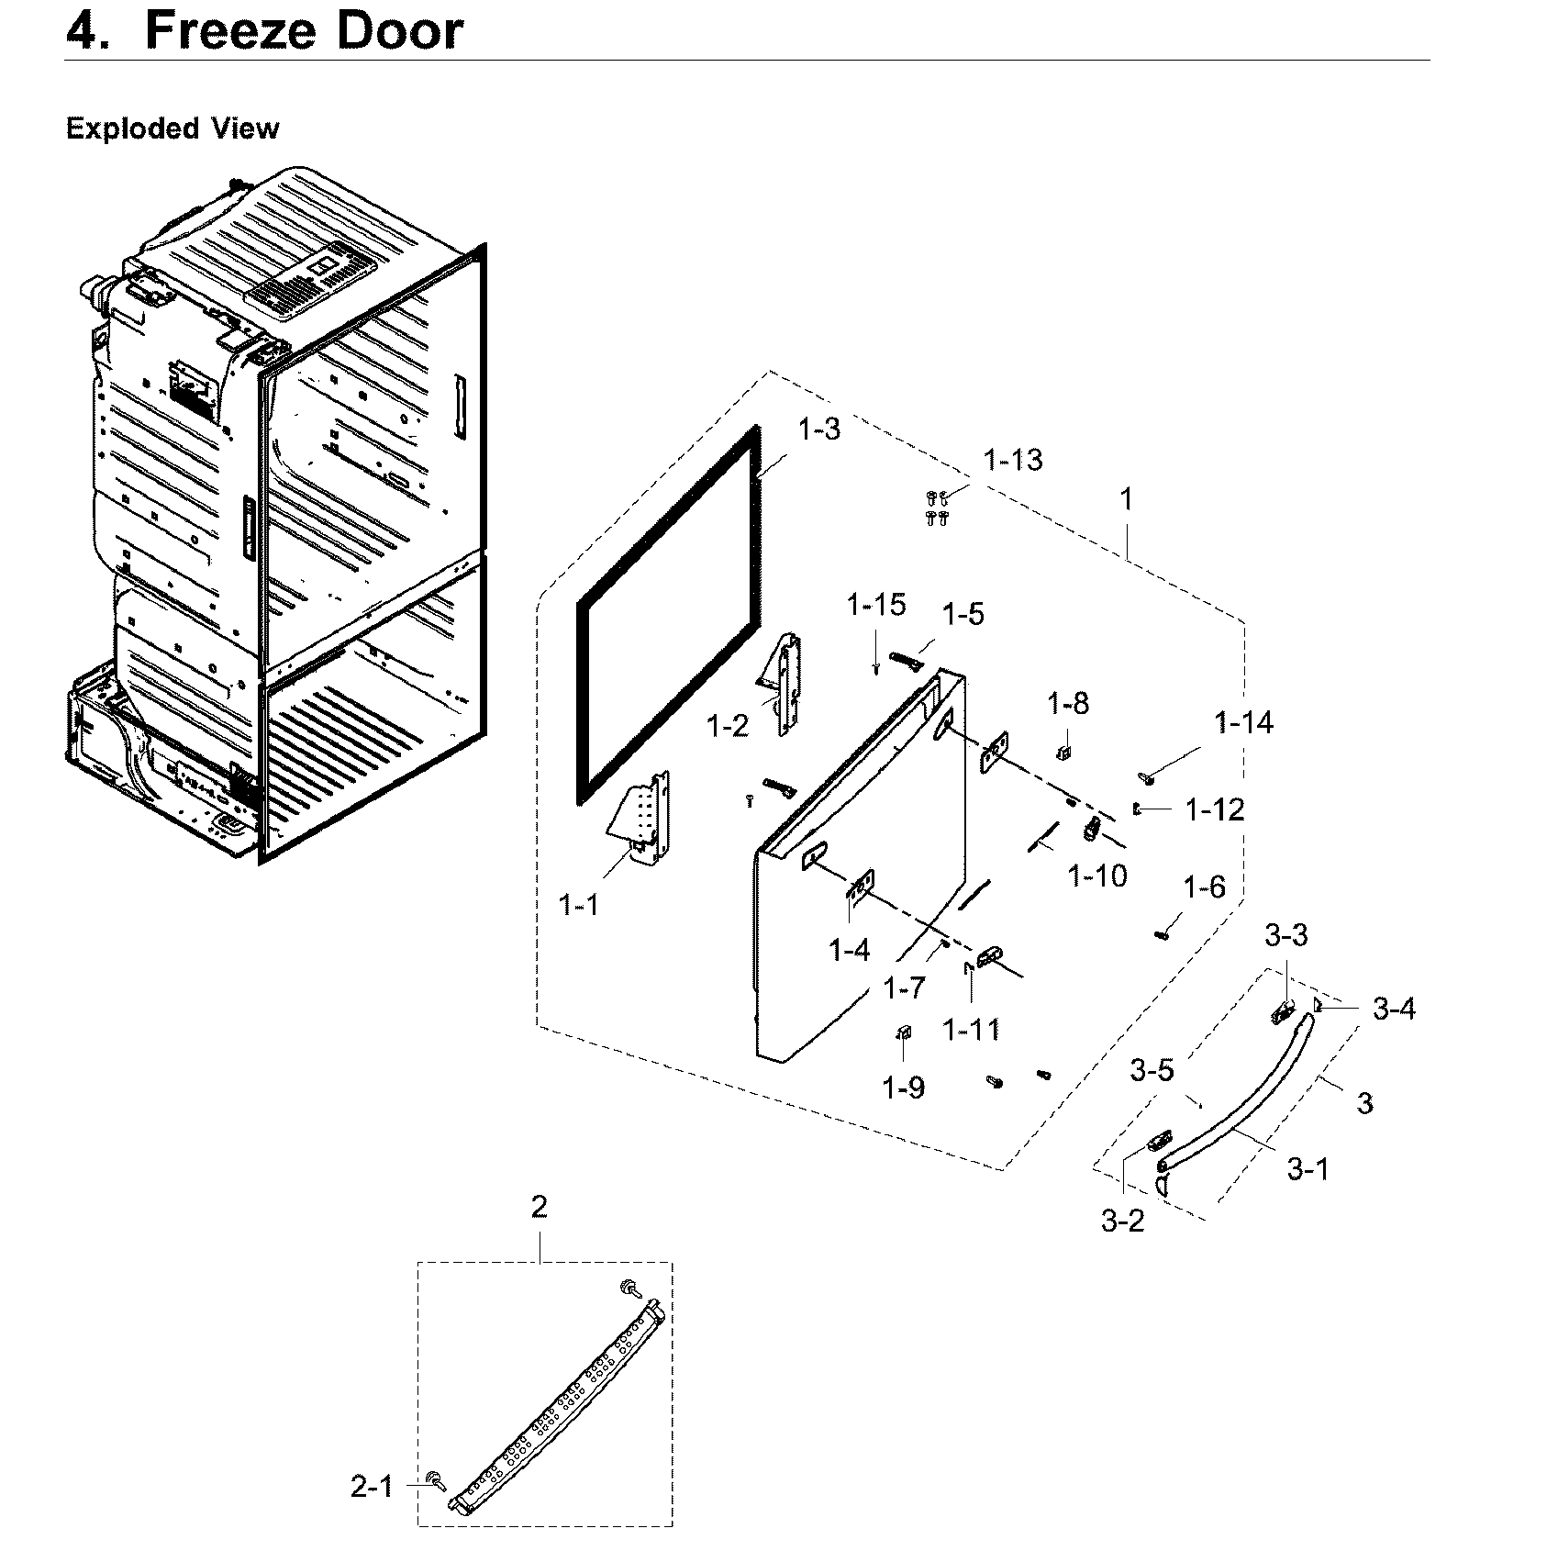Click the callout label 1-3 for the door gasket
(819, 429)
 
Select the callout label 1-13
(1013, 460)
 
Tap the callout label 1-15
(876, 605)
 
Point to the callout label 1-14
(1244, 723)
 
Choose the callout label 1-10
(1097, 876)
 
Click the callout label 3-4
(1394, 1010)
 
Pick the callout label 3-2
(1123, 1221)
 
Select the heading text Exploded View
(172, 128)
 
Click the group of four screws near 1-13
(936, 508)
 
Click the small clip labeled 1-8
(1065, 753)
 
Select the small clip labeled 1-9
(903, 1034)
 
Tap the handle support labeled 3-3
(1283, 1013)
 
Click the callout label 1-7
(905, 988)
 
